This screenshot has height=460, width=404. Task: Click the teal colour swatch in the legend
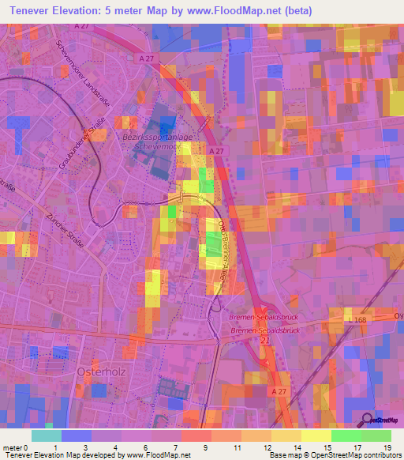tap(47, 435)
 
